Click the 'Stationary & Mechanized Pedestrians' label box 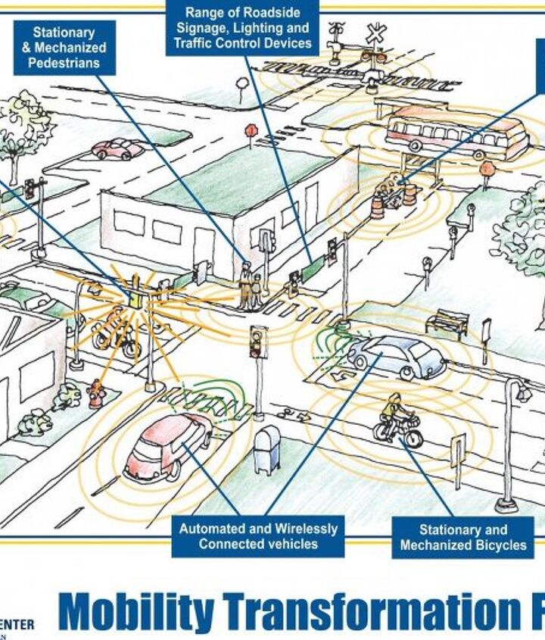tap(64, 48)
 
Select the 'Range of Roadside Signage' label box tap(242, 28)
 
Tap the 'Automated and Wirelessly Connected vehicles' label tap(257, 536)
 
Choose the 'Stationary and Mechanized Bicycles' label tap(462, 537)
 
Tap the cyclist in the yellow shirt tap(394, 419)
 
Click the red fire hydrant tap(95, 395)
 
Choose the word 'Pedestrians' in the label tap(64, 62)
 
